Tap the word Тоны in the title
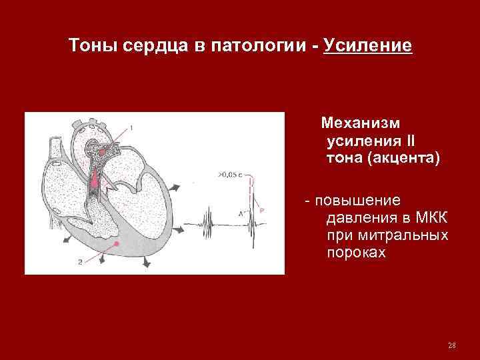coord(93,46)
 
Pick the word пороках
coord(356,254)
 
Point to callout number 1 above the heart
coord(131,127)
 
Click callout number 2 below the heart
coord(80,262)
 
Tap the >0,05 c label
coord(227,175)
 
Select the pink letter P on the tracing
coord(262,211)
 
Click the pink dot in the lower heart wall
coord(117,245)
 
